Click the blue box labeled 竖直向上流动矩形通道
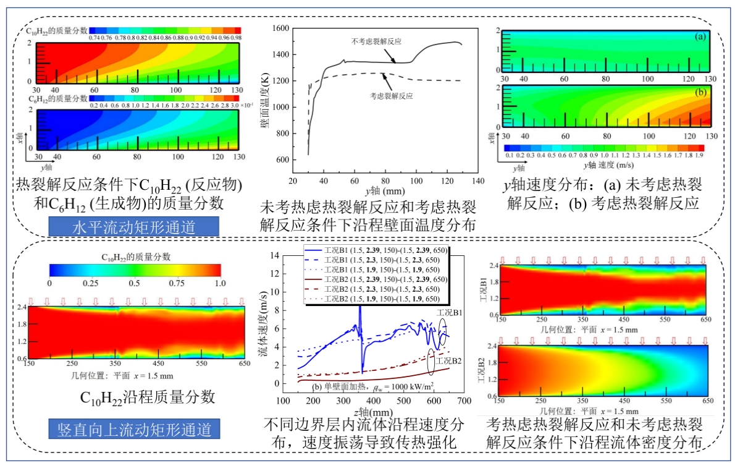tap(134, 428)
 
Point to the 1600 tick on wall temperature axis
tap(280, 28)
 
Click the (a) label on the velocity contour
tap(700, 37)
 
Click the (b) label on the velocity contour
tap(700, 93)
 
